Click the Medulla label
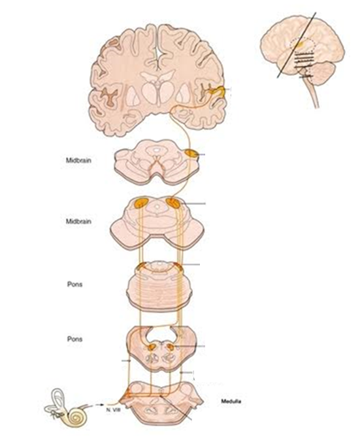(231, 402)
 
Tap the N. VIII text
(112, 410)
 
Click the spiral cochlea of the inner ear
(76, 417)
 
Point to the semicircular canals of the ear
(57, 398)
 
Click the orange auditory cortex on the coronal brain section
(218, 91)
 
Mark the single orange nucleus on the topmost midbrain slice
(191, 153)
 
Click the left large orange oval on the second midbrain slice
(141, 203)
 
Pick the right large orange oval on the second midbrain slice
(173, 203)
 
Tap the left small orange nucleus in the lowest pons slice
(152, 347)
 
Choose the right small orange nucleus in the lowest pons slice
(170, 346)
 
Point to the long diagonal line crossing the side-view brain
(297, 45)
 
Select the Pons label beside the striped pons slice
(74, 284)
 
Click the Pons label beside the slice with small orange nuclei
(74, 339)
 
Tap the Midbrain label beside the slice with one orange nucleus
(78, 160)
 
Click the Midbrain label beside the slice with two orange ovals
(78, 221)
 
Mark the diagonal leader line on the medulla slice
(176, 407)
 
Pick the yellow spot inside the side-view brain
(302, 44)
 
